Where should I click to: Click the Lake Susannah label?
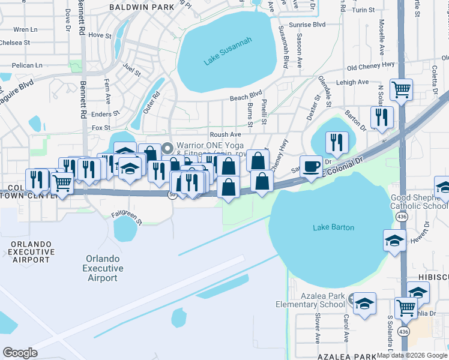(228, 52)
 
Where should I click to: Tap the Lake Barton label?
(334, 227)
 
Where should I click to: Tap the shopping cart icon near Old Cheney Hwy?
(401, 91)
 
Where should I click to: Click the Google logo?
(20, 353)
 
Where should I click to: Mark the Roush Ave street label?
(225, 135)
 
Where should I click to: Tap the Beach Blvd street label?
(246, 95)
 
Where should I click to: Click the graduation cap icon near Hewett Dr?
(394, 241)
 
